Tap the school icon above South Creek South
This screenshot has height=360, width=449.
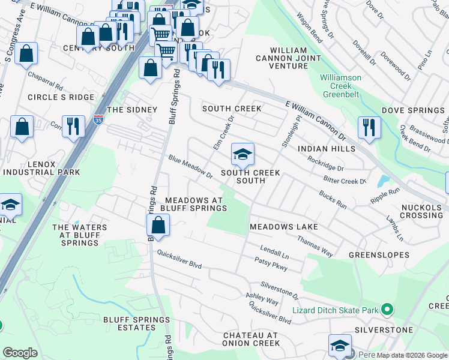[x=243, y=155]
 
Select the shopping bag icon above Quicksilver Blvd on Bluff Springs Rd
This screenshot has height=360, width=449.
[x=158, y=226]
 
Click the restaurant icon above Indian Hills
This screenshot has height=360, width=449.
[x=368, y=127]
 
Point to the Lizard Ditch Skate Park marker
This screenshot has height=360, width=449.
[x=387, y=310]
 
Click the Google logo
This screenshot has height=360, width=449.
[x=20, y=353]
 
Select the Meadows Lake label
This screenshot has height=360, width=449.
[x=284, y=227]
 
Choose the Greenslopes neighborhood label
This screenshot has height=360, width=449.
[x=379, y=255]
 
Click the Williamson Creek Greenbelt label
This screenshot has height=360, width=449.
[x=341, y=86]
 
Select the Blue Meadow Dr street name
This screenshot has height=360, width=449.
[x=191, y=167]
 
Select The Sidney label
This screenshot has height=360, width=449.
[x=131, y=110]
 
